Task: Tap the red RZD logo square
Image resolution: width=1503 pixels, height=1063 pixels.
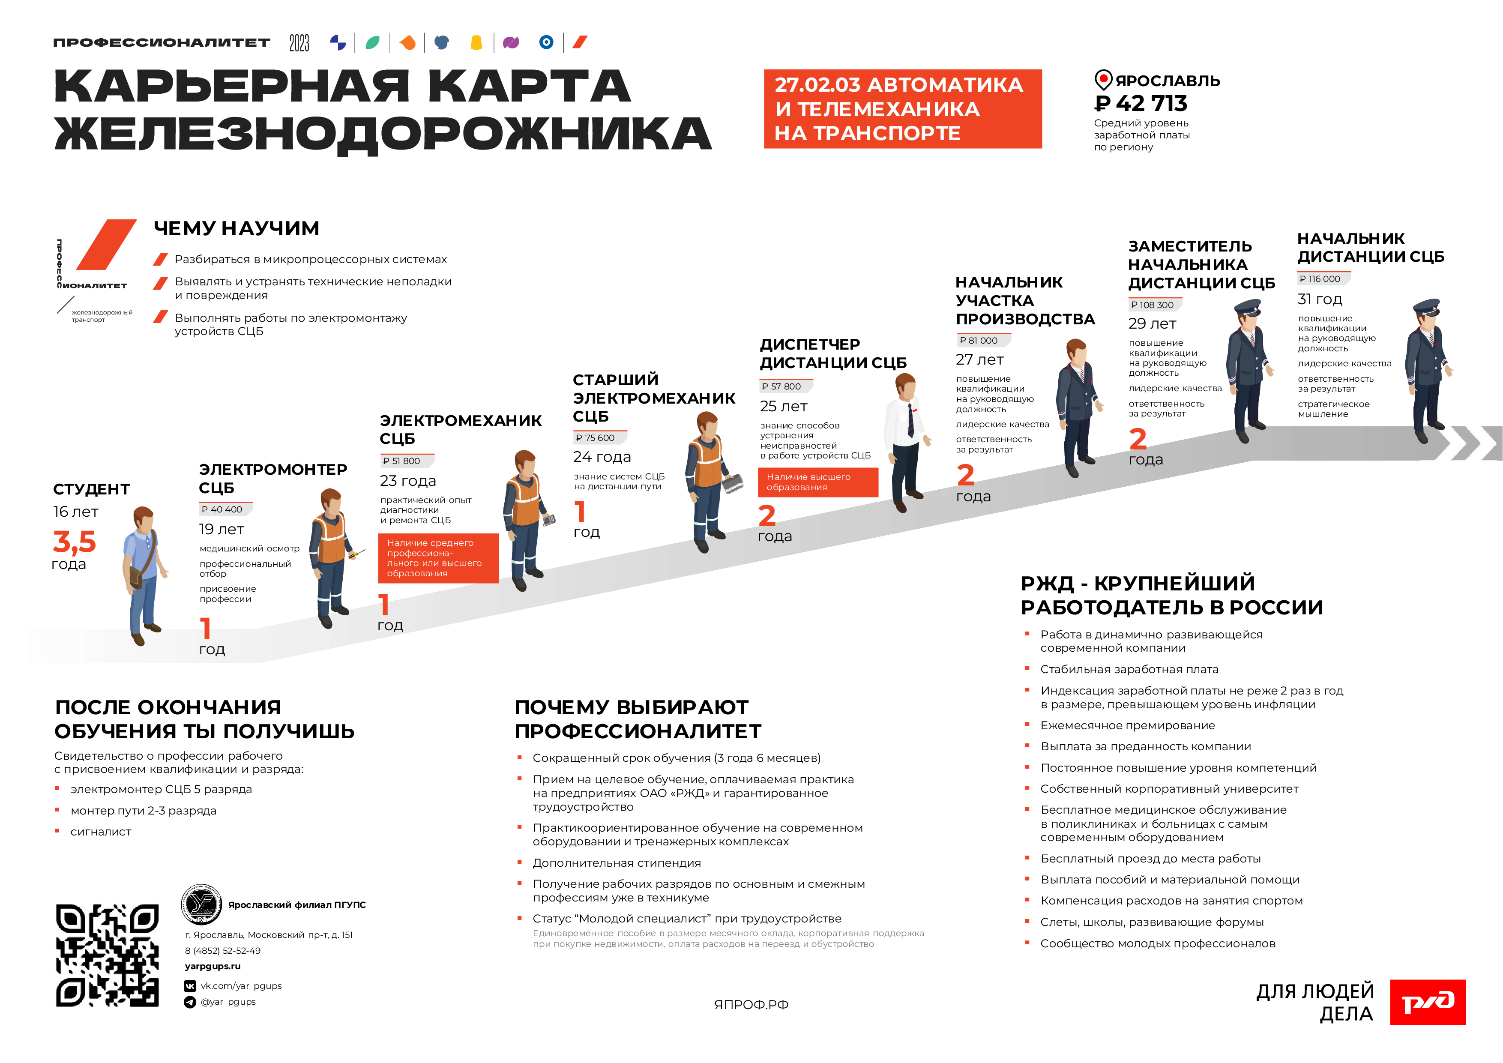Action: (x=1428, y=1001)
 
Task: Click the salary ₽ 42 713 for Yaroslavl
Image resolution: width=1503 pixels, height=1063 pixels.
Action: (x=1141, y=103)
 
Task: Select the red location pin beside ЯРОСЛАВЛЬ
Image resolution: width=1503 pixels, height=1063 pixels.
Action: (x=1103, y=80)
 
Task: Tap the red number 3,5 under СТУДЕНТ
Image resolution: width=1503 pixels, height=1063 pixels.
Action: (x=75, y=541)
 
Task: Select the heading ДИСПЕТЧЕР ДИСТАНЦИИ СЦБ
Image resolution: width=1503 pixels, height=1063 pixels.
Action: (x=832, y=353)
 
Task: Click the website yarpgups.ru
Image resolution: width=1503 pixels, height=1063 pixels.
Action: (x=213, y=966)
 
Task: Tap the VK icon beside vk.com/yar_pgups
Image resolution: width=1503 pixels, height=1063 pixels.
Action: (x=190, y=986)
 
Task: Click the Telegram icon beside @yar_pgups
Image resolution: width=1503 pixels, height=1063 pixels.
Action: (x=190, y=1002)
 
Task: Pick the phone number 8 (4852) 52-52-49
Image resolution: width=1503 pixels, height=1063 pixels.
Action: (x=222, y=950)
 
